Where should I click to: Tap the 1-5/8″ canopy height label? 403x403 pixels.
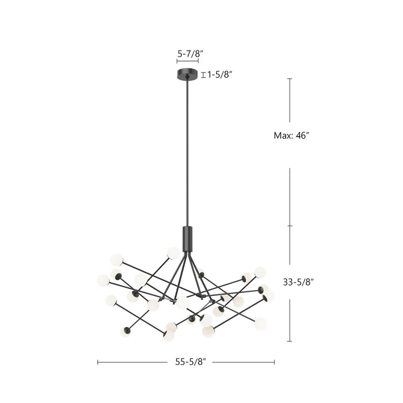(x=220, y=74)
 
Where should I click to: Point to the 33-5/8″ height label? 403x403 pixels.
(x=298, y=282)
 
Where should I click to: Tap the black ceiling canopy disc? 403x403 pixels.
(x=187, y=74)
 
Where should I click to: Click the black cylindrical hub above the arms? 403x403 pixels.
(x=187, y=238)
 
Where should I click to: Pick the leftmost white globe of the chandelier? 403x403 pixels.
(x=103, y=280)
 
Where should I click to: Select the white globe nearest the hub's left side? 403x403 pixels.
(x=173, y=253)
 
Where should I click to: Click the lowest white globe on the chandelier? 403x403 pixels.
(x=169, y=336)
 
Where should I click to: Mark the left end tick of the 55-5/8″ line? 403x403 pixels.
(x=98, y=362)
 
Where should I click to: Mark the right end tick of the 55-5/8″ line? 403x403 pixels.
(x=275, y=362)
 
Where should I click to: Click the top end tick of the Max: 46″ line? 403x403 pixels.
(x=290, y=79)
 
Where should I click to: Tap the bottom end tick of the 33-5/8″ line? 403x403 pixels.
(x=290, y=341)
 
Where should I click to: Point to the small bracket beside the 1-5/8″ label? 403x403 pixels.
(x=203, y=74)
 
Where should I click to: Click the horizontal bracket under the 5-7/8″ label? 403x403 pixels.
(x=187, y=60)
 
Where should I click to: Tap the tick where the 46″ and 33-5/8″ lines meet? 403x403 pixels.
(x=290, y=226)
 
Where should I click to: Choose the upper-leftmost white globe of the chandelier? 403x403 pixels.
(x=117, y=260)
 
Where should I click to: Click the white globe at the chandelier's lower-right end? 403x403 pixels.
(x=260, y=324)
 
